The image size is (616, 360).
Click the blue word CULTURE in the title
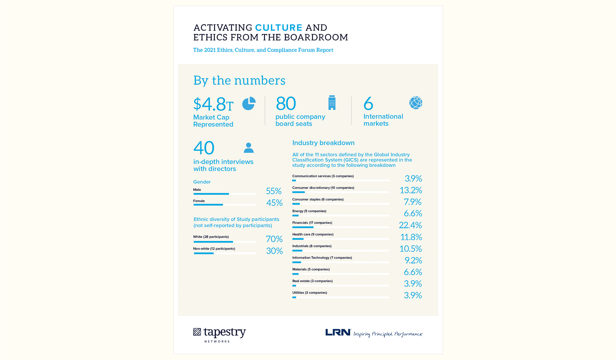pos(278,28)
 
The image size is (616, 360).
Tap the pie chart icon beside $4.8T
pos(249,104)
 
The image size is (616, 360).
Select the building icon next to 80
pos(332,103)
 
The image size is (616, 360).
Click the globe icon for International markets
pos(416,103)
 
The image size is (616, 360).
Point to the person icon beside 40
pos(249,148)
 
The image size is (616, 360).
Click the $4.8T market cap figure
pos(213,104)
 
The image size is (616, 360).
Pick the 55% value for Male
pos(274,191)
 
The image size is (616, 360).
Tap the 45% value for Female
pos(274,203)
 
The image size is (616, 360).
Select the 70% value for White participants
pos(274,239)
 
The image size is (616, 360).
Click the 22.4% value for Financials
pos(410,225)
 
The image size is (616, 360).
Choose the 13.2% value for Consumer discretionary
pos(410,190)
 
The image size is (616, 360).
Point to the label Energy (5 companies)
pos(309,211)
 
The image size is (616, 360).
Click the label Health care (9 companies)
pos(313,234)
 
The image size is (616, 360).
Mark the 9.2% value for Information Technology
pos(413,260)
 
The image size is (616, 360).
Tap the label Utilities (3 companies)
pos(310,293)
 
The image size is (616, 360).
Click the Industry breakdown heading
pos(323,143)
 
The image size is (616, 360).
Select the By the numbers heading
pos(239,80)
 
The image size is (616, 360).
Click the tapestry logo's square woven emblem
pos(197,332)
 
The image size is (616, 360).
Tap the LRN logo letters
pos(338,332)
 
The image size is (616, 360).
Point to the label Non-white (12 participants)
pos(214,249)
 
